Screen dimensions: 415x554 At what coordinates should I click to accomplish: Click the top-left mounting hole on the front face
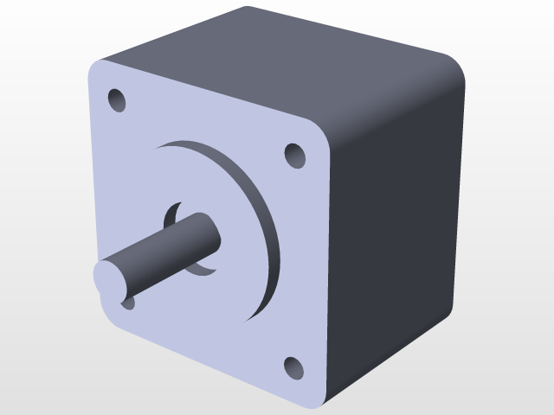(117, 99)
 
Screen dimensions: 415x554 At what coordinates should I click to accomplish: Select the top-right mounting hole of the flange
(295, 156)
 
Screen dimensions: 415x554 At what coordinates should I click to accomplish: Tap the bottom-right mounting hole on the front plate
(294, 367)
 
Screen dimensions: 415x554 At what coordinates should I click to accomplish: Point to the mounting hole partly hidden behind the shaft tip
(128, 302)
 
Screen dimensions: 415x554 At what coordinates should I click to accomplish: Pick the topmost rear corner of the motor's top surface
(247, 9)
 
